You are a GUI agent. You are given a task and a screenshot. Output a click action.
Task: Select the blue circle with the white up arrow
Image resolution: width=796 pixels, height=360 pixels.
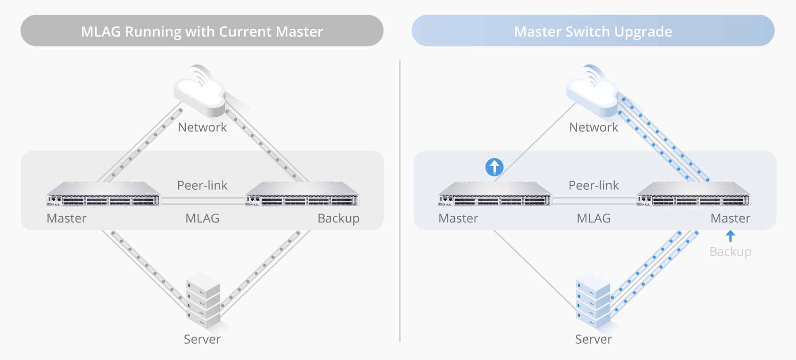pos(494,167)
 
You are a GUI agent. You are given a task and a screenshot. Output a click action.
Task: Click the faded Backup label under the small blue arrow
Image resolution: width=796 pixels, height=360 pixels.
pos(730,251)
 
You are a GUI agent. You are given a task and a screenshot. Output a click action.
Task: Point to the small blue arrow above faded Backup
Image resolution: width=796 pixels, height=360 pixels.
pos(731,235)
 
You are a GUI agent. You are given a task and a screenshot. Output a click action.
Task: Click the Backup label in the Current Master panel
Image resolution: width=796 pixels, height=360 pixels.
pos(338,218)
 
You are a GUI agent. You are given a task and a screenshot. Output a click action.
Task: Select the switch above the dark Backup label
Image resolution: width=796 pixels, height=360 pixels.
pos(302,195)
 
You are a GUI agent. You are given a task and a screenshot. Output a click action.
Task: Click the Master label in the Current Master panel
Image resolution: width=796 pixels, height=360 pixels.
pos(66,218)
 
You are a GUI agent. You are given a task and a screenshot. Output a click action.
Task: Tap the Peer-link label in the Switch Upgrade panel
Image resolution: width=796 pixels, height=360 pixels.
pos(593,185)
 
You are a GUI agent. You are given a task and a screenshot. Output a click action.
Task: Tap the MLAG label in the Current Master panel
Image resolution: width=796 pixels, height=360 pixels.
pos(202,218)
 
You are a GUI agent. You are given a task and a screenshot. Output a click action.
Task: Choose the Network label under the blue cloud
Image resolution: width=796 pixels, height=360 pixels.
pos(593,127)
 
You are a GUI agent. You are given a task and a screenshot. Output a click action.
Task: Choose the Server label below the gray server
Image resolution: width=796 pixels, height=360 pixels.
pos(202,339)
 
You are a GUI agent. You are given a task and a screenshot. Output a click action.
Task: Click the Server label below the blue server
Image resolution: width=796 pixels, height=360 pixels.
pos(593,339)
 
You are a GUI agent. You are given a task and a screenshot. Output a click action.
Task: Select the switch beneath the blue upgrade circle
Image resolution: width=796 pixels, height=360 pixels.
pos(495,195)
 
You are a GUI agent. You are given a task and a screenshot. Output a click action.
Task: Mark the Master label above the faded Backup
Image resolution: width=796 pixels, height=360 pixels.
pos(730,218)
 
